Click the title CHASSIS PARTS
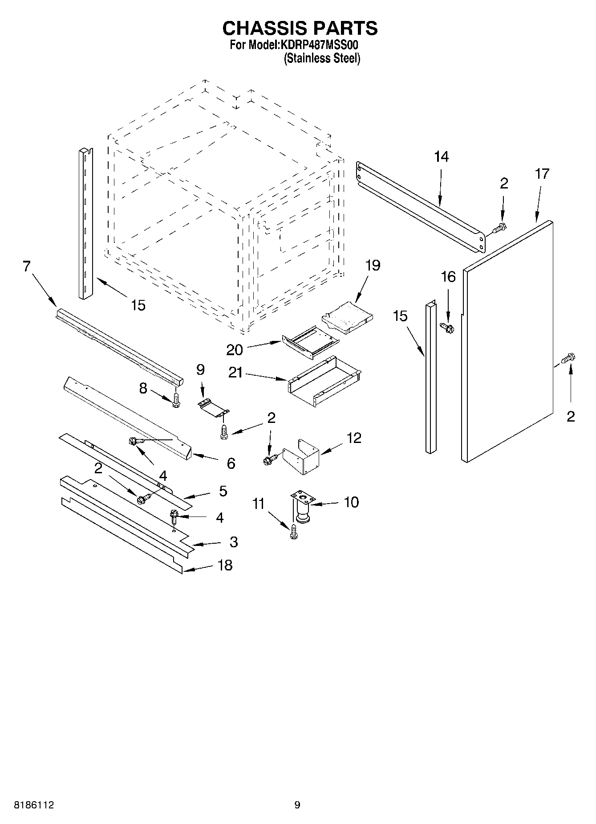(x=300, y=28)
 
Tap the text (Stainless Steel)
(x=322, y=58)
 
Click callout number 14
(x=441, y=157)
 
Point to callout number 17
(x=542, y=173)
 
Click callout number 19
(x=373, y=266)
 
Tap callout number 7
(x=26, y=266)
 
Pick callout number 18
(x=225, y=565)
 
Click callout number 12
(x=354, y=438)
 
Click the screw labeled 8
(x=176, y=400)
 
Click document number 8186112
(x=34, y=805)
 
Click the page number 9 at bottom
(x=297, y=805)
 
